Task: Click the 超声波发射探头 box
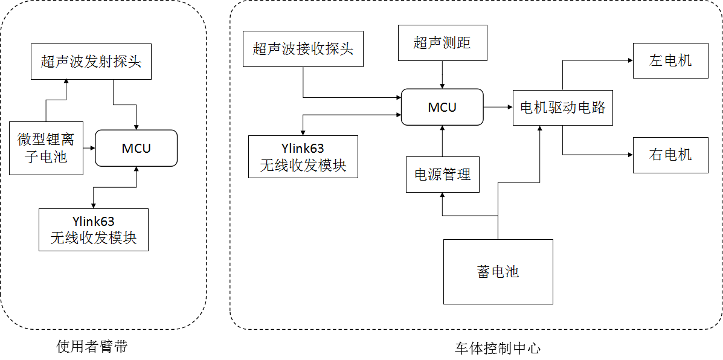pyautogui.click(x=91, y=62)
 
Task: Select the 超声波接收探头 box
pyautogui.click(x=303, y=49)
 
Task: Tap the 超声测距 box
pyautogui.click(x=442, y=43)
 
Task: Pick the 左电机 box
pyautogui.click(x=670, y=60)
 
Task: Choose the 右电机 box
pyautogui.click(x=670, y=155)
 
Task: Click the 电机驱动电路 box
pyautogui.click(x=562, y=108)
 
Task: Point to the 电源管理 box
pyautogui.click(x=442, y=175)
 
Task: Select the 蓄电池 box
pyautogui.click(x=498, y=272)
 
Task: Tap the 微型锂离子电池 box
pyautogui.click(x=46, y=148)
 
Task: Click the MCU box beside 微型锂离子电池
pyautogui.click(x=136, y=148)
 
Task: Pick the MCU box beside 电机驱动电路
pyautogui.click(x=442, y=108)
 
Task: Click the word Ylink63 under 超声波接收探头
pyautogui.click(x=303, y=149)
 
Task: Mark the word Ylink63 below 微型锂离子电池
pyautogui.click(x=93, y=222)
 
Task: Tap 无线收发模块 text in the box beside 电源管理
pyautogui.click(x=303, y=166)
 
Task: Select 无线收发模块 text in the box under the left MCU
pyautogui.click(x=93, y=238)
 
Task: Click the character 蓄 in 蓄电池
pyautogui.click(x=484, y=272)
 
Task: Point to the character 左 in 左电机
pyautogui.click(x=657, y=60)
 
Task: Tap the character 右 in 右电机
pyautogui.click(x=657, y=155)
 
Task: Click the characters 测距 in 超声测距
pyautogui.click(x=456, y=43)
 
